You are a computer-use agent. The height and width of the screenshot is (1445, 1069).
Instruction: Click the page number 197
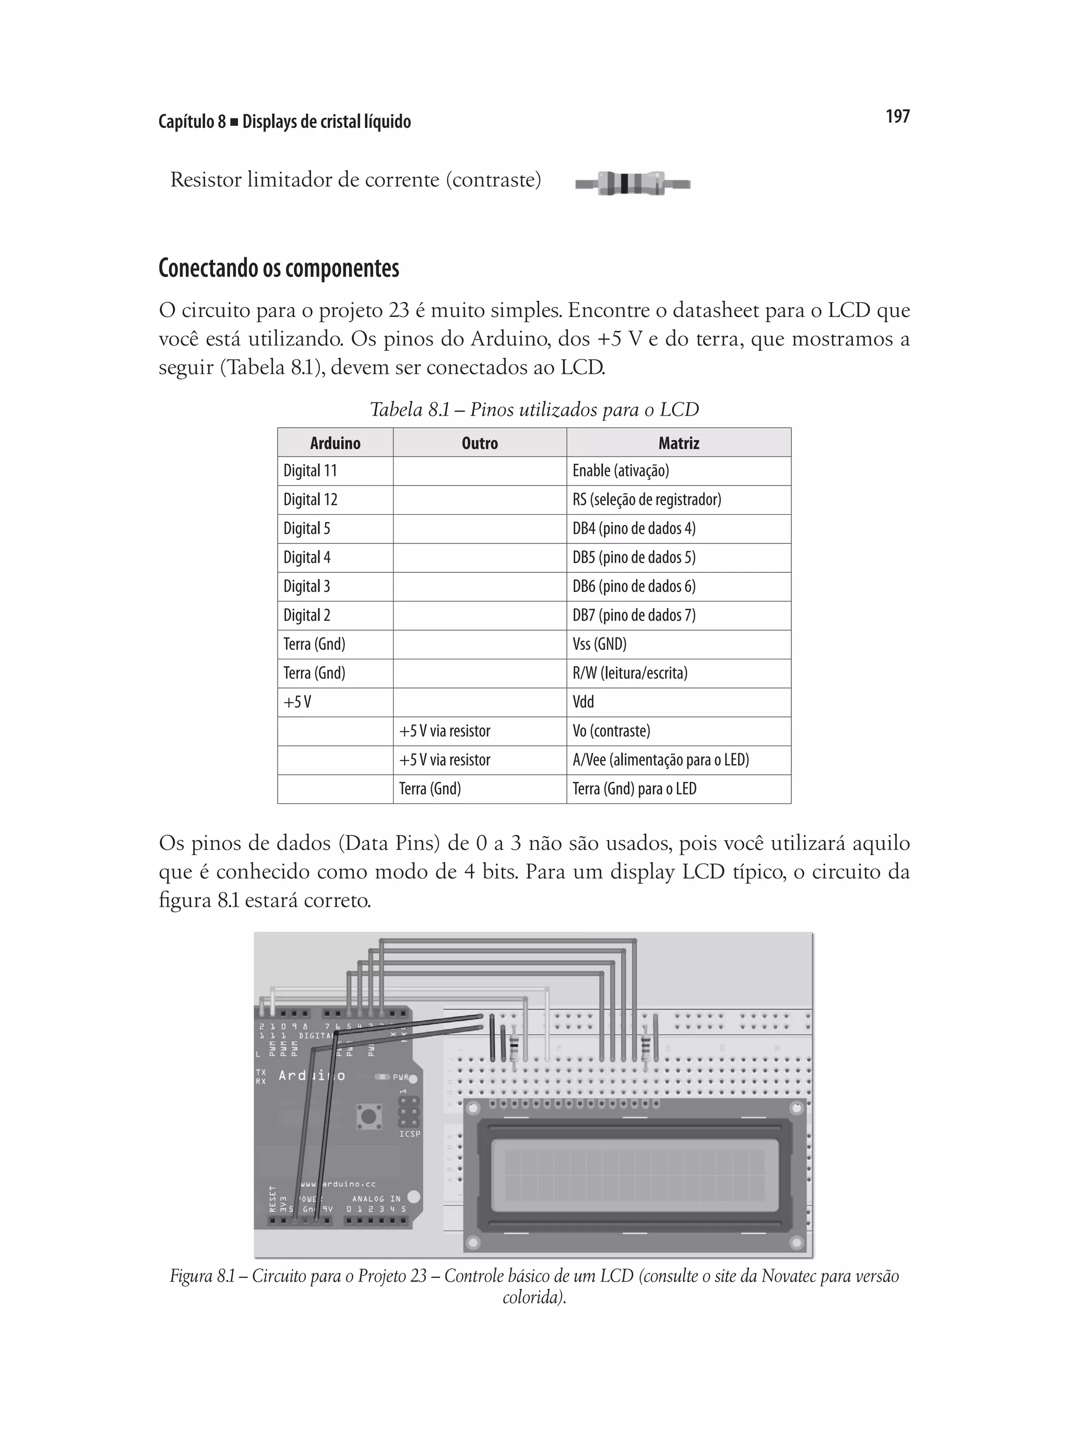(x=897, y=116)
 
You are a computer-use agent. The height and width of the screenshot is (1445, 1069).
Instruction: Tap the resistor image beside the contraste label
(x=632, y=183)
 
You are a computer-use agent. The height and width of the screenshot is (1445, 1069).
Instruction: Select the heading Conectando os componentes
(x=279, y=268)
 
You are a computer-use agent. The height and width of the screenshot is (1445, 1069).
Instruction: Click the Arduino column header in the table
(x=335, y=443)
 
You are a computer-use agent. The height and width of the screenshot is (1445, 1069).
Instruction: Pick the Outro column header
(x=480, y=443)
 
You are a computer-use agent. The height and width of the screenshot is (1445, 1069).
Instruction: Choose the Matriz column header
(x=678, y=443)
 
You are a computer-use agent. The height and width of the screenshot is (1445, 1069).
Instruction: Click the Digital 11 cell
(x=311, y=471)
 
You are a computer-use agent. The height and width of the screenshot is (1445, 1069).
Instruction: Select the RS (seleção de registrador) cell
(x=646, y=500)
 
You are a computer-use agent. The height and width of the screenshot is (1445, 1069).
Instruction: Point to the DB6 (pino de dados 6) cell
(x=634, y=586)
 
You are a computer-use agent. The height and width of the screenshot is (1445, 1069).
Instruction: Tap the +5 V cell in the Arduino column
(x=298, y=702)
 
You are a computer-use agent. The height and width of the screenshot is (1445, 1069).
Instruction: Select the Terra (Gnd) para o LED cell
(x=634, y=789)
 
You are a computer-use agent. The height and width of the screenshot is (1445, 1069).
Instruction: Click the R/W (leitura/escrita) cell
(x=629, y=673)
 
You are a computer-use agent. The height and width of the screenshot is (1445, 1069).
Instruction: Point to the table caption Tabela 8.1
(x=534, y=410)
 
